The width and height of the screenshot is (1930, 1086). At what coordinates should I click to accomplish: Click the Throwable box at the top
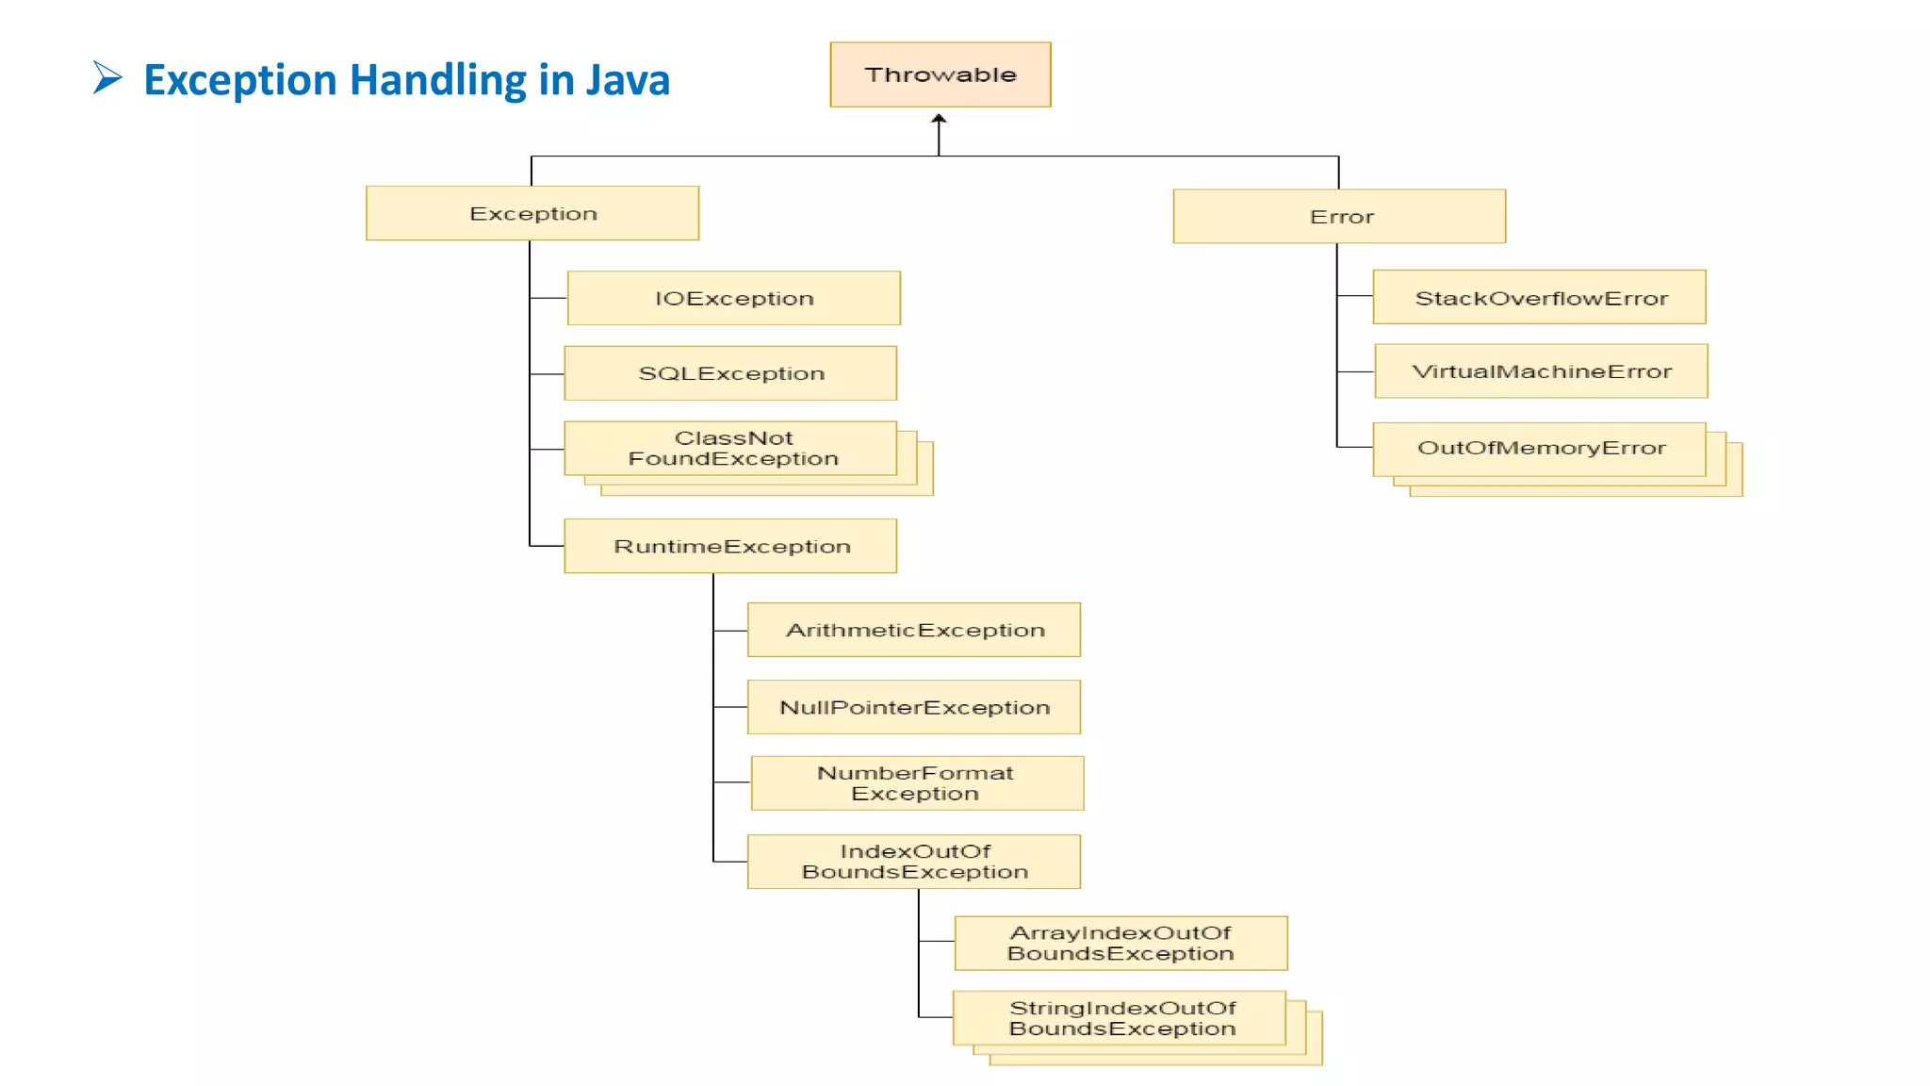[x=940, y=74]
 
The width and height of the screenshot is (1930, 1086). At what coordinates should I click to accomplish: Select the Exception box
[x=532, y=213]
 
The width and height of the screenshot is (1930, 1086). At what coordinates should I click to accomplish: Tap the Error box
[x=1339, y=217]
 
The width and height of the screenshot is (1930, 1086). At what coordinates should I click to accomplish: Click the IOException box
[x=733, y=298]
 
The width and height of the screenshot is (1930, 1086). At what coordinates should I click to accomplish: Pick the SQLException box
[x=730, y=373]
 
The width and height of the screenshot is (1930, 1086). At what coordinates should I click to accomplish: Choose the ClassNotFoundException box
[x=730, y=449]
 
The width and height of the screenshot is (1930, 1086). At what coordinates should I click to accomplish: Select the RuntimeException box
[x=730, y=546]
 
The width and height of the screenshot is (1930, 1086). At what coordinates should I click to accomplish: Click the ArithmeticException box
[x=913, y=630]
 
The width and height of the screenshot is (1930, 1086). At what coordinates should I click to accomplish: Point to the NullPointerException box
[x=913, y=707]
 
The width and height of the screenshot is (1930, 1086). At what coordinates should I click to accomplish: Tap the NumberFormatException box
[x=917, y=783]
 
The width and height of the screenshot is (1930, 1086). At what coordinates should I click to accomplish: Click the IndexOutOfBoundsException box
[x=913, y=862]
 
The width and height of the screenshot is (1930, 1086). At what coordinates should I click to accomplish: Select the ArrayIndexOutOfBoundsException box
[x=1120, y=943]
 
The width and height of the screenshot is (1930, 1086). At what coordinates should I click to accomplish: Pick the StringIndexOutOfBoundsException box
[x=1120, y=1018]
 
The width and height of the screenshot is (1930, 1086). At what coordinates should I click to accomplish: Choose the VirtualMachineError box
[x=1541, y=371]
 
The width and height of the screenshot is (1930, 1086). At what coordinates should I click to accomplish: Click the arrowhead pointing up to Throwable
[x=939, y=120]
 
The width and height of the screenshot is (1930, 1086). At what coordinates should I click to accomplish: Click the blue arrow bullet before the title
[x=107, y=77]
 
